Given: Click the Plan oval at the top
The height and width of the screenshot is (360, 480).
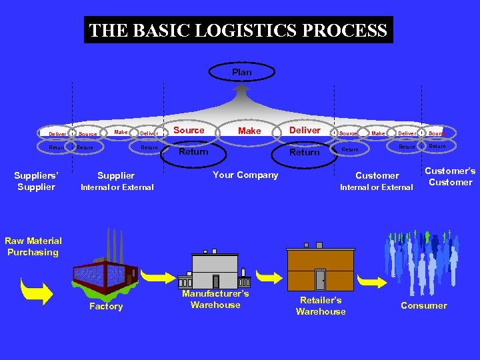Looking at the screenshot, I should pos(241,71).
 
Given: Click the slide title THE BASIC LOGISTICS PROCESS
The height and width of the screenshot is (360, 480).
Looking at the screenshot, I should pos(238,30).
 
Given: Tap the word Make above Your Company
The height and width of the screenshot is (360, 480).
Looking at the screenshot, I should pos(249,131).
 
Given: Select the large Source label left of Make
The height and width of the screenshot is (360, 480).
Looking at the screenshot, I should pos(189,130).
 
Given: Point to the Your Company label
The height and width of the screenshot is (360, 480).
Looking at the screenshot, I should pos(245,175).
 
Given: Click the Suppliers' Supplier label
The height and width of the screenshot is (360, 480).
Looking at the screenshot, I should pos(36,181).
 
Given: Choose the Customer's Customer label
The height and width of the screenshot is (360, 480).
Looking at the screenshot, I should pos(450,177).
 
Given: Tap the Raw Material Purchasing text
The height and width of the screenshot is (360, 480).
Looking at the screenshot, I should pos(33,247).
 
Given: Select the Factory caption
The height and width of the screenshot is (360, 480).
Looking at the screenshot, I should pos(106,307).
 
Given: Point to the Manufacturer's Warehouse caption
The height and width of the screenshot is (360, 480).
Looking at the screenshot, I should pos(215,299).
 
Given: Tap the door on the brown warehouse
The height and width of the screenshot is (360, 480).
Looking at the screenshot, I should pos(320,280).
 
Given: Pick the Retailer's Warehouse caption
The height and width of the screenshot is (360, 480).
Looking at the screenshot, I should pos(321,306).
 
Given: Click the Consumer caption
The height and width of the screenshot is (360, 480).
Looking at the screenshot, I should pos(423,306).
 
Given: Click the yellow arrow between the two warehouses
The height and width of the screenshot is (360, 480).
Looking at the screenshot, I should pos(269,276).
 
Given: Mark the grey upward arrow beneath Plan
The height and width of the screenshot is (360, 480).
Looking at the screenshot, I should pos(242,89).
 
